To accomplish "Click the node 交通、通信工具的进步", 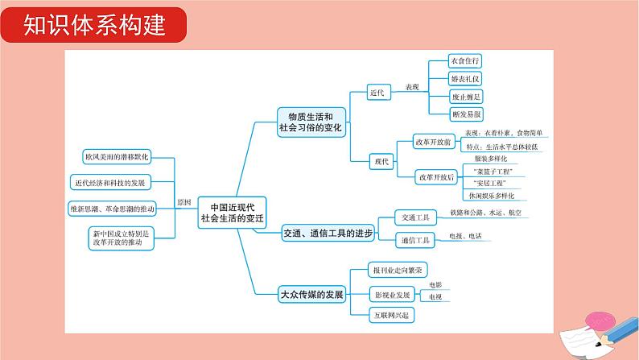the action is click(328, 234).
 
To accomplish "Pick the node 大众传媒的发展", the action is click(311, 294).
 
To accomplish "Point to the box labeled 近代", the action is click(377, 93).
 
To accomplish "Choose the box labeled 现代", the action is click(381, 161).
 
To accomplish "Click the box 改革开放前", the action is click(435, 140).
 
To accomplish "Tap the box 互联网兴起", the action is click(390, 314).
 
